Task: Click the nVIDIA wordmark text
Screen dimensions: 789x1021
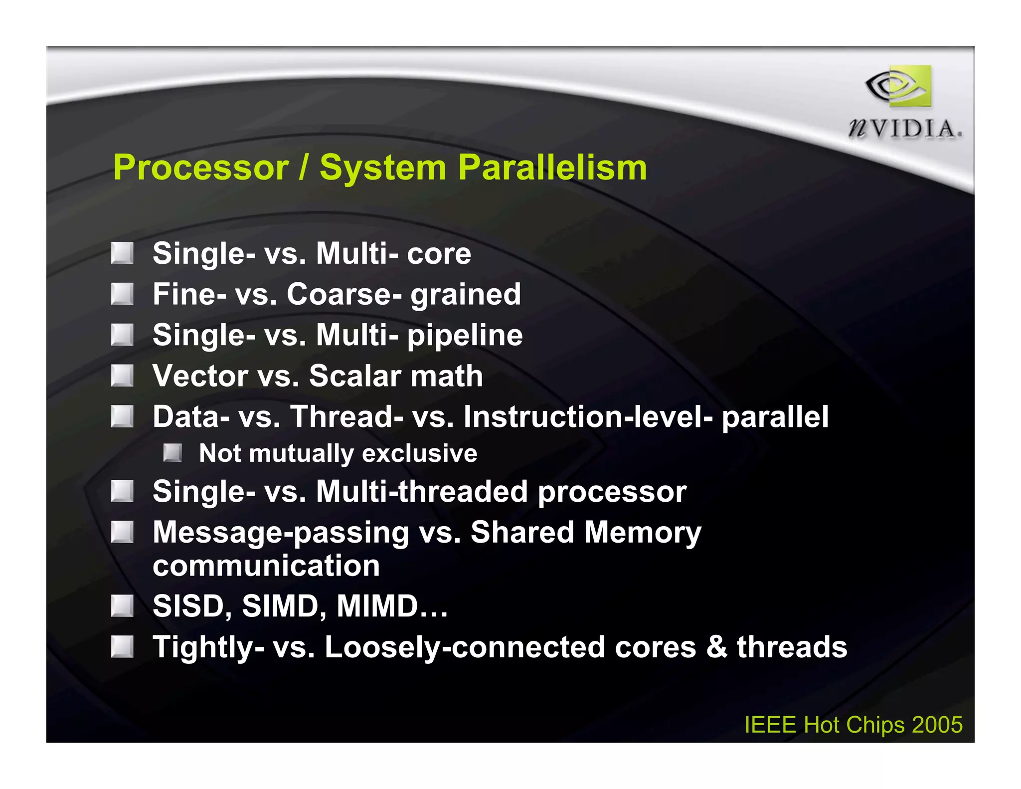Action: click(904, 129)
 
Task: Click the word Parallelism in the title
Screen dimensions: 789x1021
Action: click(552, 168)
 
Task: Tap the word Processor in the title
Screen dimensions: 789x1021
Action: click(201, 168)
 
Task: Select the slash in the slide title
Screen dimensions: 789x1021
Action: click(304, 168)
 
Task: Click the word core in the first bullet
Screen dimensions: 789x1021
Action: click(439, 254)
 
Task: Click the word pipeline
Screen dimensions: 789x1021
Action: click(465, 336)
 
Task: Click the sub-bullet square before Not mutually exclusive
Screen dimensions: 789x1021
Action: click(172, 453)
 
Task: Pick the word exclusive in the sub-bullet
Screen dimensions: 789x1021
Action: click(419, 453)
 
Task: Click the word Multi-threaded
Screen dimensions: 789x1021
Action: click(422, 492)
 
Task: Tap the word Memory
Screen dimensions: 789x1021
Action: click(643, 533)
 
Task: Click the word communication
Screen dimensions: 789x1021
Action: click(266, 566)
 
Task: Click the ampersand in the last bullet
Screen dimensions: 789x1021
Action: click(717, 647)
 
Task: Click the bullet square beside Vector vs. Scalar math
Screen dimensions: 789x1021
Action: click(122, 376)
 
